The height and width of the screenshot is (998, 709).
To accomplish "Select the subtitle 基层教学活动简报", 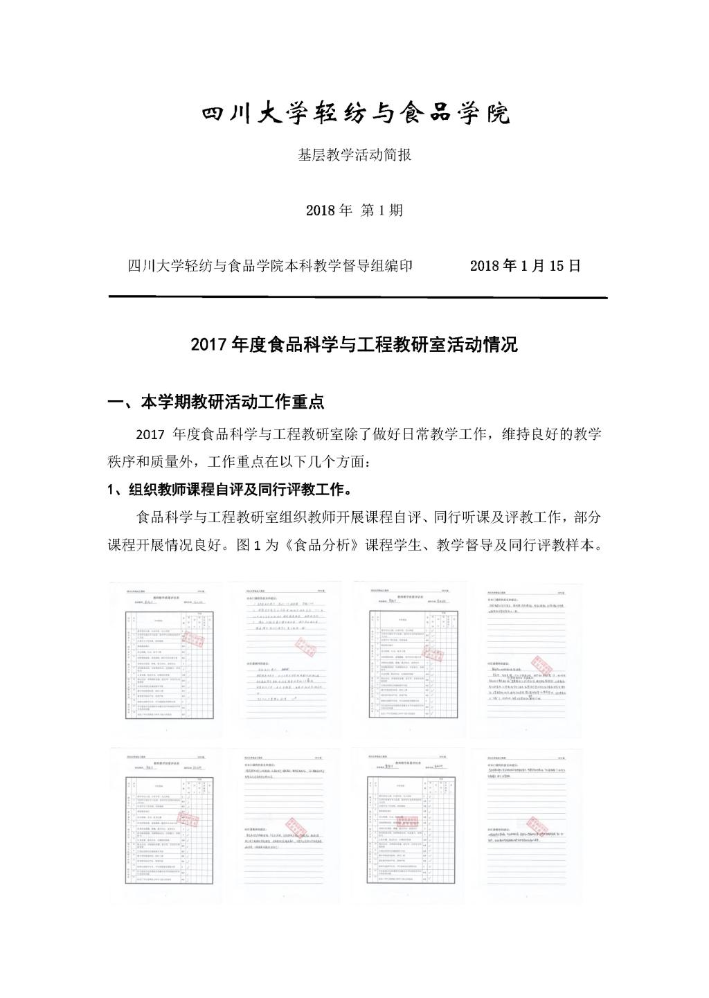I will coord(354,155).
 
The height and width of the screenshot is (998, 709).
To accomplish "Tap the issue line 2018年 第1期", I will coord(354,210).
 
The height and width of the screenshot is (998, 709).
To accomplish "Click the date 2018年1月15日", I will coord(525,266).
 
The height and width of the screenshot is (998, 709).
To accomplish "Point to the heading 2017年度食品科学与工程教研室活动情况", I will coord(354,344).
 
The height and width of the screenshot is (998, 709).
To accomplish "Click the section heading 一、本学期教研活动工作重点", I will coord(216,402).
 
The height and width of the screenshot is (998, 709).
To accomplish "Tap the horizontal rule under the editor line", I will coord(358,297).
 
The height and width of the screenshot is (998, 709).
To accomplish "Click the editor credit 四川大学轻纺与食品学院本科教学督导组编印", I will coord(271,266).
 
